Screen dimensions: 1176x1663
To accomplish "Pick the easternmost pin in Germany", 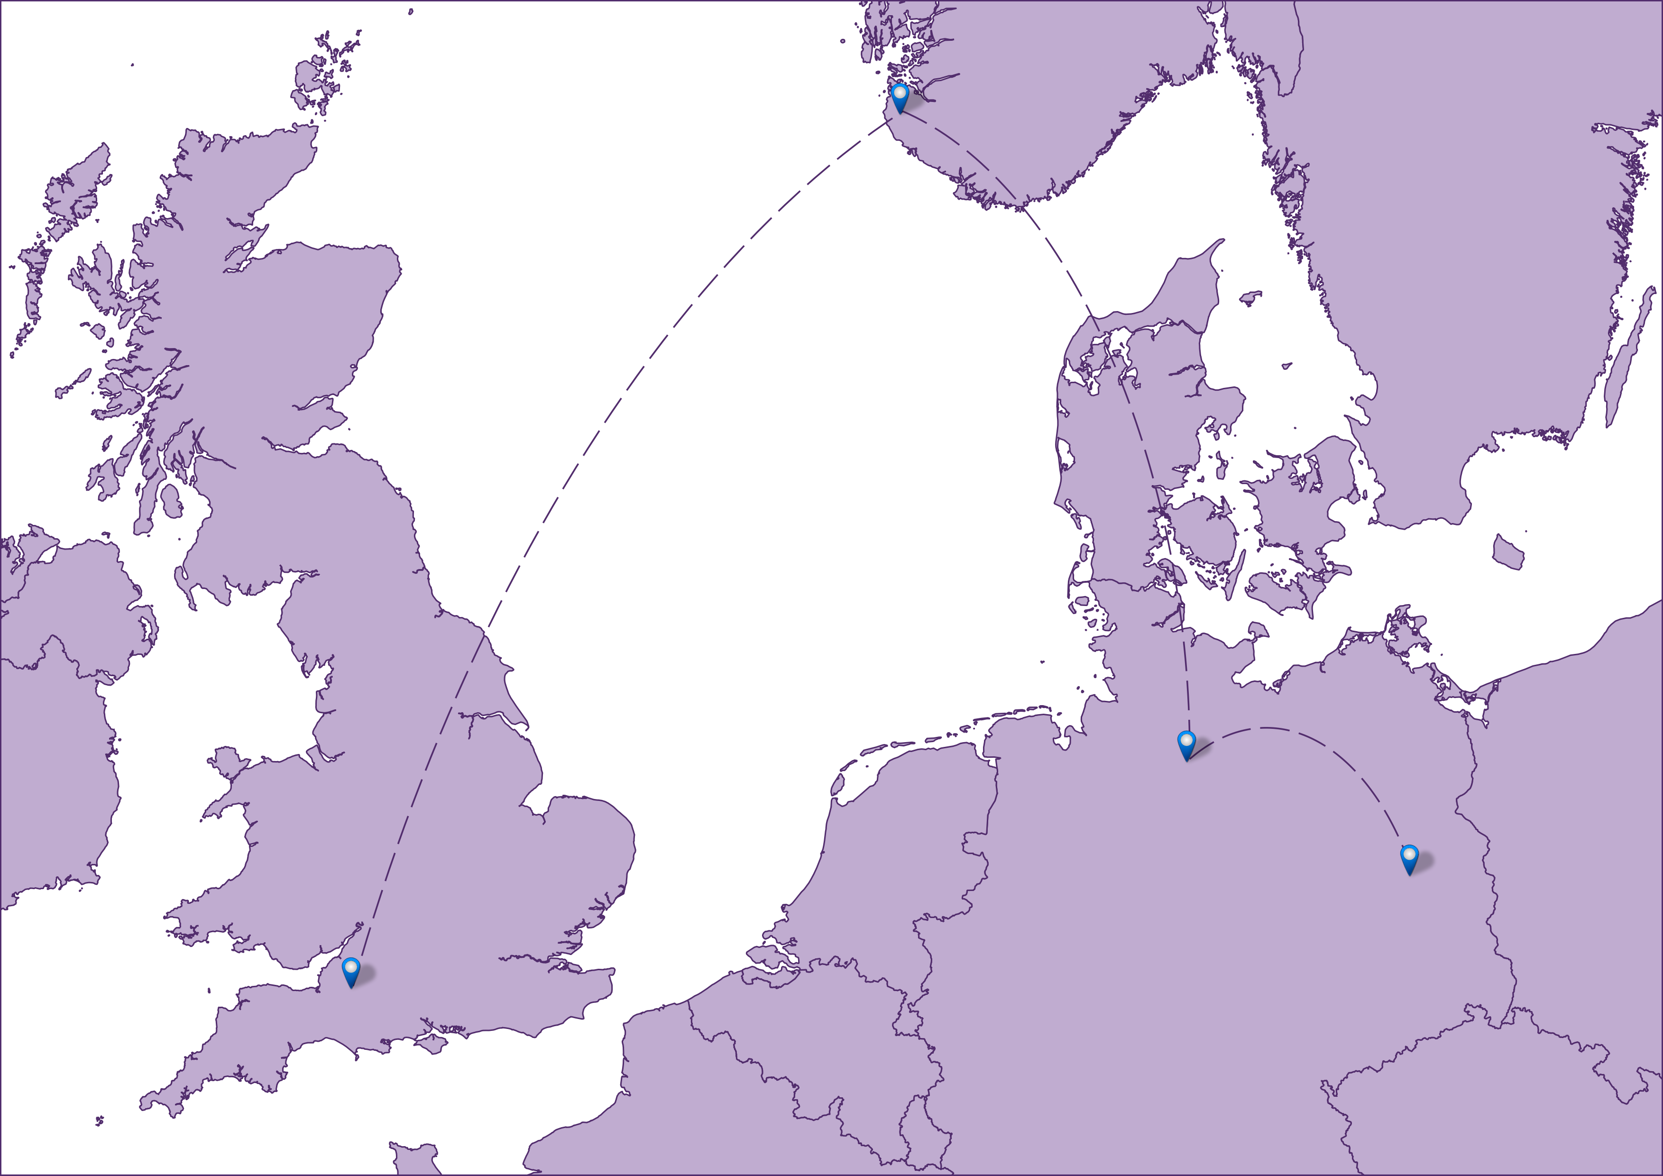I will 1409,858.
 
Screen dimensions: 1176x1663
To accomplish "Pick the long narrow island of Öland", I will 1630,355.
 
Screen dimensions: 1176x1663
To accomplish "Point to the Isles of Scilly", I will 99,1121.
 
